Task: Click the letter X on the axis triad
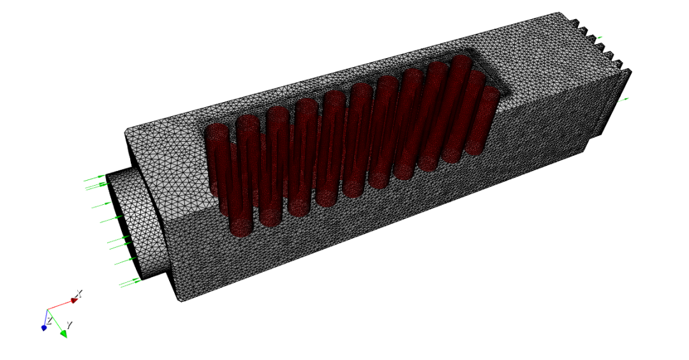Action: coord(78,293)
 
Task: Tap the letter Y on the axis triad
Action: coord(69,325)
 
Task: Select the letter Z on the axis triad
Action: coord(50,321)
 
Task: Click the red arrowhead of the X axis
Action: coord(74,301)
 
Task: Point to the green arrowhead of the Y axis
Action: coord(63,334)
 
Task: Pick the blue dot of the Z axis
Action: coord(44,328)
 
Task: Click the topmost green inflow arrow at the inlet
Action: coord(95,178)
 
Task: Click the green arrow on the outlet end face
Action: coord(624,100)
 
